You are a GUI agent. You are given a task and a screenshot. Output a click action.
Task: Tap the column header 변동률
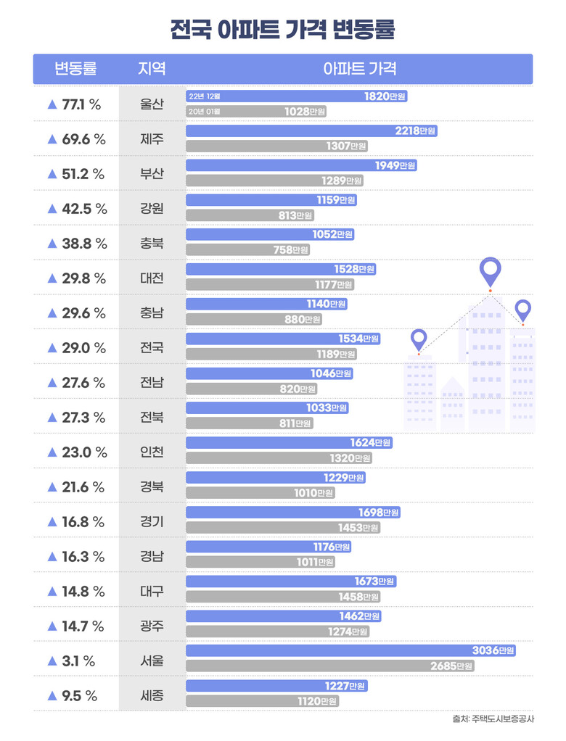75,69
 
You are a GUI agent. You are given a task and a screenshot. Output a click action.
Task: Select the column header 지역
152,69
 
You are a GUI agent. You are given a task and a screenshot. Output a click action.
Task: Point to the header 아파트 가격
359,69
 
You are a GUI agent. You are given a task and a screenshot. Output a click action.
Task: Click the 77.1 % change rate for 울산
81,104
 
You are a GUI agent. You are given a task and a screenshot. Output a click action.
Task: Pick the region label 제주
152,139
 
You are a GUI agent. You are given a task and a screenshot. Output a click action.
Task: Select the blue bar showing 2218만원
311,131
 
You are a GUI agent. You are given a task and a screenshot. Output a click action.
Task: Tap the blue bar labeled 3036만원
351,651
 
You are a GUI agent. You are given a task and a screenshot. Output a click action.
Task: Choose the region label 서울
152,661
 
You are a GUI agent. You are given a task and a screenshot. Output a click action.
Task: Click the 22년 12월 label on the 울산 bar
204,96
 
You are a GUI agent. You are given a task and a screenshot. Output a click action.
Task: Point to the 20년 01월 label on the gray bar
204,112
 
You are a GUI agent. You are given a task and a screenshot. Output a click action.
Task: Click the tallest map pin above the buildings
491,272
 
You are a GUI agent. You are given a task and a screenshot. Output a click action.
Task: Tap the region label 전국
152,348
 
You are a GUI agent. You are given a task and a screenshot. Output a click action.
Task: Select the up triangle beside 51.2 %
52,174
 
